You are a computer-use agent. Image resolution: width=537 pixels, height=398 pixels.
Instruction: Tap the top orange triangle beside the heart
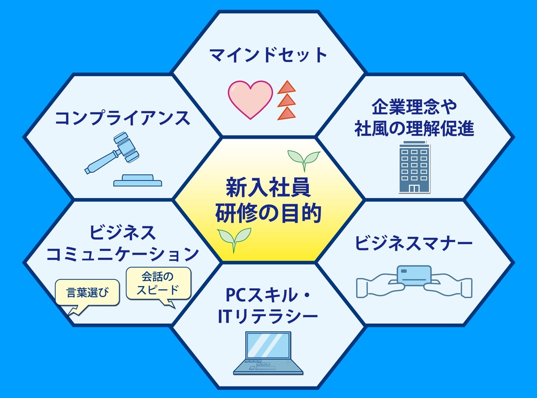pos(287,88)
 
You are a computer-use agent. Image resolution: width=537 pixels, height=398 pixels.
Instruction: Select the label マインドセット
pos(268,55)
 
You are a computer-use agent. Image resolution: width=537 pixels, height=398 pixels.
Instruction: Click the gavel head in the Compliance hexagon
pos(126,147)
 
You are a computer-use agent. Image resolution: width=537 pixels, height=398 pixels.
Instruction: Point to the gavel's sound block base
pos(137,181)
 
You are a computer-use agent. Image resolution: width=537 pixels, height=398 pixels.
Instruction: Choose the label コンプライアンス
pos(122,118)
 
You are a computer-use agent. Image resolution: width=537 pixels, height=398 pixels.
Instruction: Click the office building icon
pos(414,167)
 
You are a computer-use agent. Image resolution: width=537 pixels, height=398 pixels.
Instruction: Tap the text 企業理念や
pos(414,107)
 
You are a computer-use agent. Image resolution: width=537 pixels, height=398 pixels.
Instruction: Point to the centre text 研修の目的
pos(268,213)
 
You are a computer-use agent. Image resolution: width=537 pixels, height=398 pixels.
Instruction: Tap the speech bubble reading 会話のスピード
pos(158,285)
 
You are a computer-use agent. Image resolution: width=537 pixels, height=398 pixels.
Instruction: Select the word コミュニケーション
pos(122,254)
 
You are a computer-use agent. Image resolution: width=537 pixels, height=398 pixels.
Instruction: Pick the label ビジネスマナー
pos(413,243)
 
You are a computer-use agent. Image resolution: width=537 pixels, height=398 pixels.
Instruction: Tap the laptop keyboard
pos(268,366)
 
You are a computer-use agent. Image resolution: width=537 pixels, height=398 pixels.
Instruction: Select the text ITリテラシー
pos(268,317)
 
